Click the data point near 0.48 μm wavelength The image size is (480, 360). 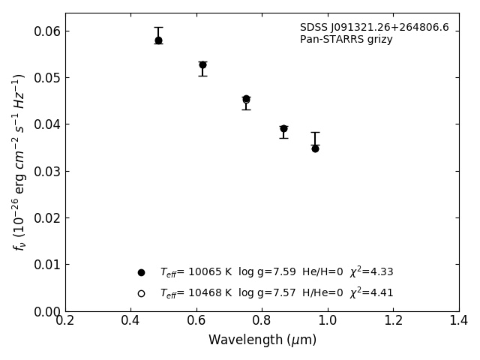(158, 40)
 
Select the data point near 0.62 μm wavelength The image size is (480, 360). (202, 65)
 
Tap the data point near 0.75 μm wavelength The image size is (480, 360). (246, 99)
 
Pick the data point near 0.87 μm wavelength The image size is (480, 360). (283, 129)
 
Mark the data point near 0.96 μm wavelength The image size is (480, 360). (315, 148)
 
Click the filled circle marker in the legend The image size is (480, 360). (141, 272)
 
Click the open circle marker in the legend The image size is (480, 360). (141, 293)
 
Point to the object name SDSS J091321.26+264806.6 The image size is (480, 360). (374, 28)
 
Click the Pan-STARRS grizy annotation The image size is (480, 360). (346, 40)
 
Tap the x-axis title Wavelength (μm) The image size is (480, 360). (262, 340)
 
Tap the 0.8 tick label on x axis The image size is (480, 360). (262, 321)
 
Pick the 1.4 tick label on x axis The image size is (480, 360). (459, 321)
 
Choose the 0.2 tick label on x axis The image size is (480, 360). (65, 321)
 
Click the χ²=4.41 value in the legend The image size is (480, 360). (371, 293)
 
